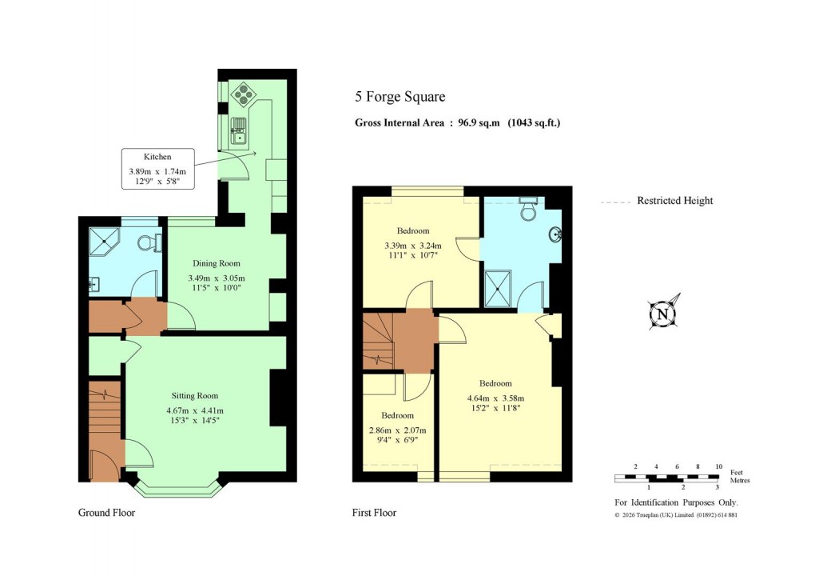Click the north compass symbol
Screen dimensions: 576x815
662,313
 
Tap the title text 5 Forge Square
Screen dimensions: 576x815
400,98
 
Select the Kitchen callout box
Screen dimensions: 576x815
157,169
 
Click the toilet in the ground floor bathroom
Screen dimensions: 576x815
147,242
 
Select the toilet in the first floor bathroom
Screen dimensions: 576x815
528,210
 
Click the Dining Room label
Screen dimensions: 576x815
217,263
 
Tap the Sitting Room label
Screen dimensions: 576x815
195,395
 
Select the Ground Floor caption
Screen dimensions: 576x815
106,513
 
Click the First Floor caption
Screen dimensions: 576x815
374,513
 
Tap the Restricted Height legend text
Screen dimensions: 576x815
674,201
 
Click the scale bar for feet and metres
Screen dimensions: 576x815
667,478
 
